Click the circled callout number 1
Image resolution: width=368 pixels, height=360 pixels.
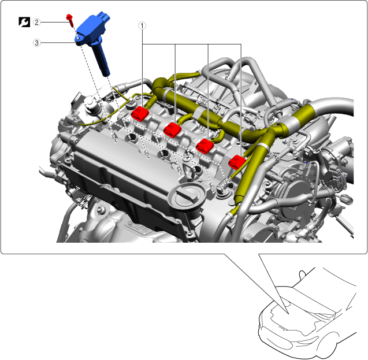(x=142, y=25)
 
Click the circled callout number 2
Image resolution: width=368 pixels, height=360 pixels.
(x=36, y=23)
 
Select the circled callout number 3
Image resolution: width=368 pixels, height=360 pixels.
(x=36, y=43)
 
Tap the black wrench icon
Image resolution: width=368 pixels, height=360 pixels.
(x=24, y=22)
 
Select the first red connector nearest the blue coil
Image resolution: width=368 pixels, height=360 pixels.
(x=140, y=114)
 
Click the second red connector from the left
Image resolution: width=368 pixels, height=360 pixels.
(x=172, y=129)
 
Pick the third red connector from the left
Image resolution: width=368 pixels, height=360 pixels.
(x=205, y=146)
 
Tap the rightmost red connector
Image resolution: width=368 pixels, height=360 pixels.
(x=237, y=162)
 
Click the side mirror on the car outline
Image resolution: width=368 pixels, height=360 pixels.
(x=302, y=274)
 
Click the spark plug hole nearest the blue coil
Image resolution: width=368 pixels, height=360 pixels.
(x=132, y=138)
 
